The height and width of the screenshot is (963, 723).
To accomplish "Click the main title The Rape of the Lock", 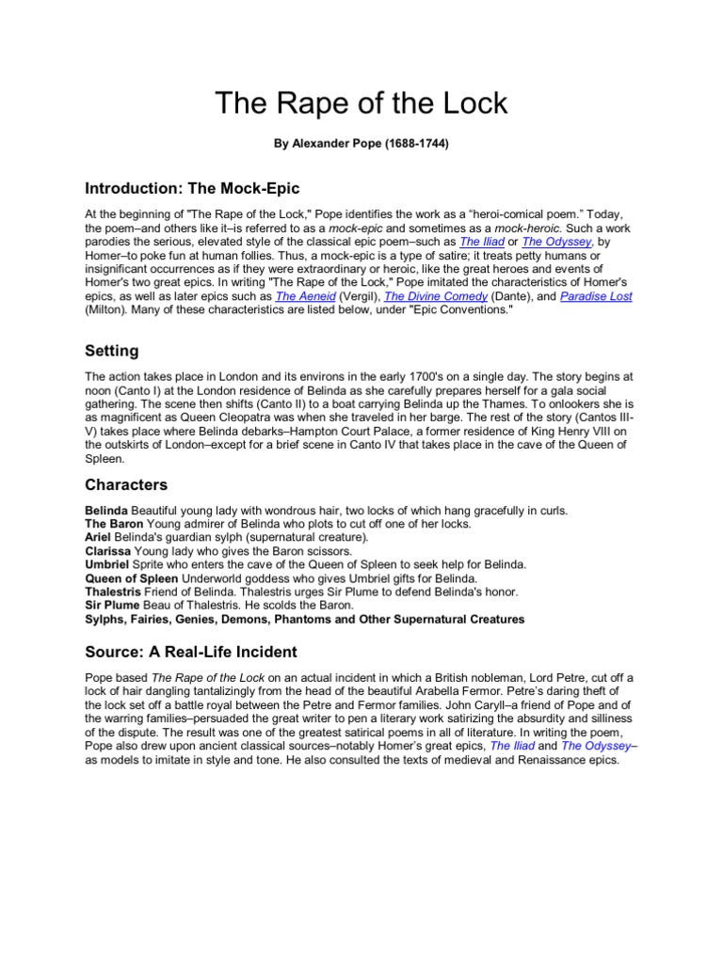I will [361, 103].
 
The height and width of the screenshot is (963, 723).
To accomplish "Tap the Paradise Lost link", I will [596, 296].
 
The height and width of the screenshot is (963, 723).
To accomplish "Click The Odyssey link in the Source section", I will [594, 746].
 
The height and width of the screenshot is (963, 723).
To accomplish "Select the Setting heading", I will [112, 351].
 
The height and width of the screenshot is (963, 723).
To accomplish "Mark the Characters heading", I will [126, 485].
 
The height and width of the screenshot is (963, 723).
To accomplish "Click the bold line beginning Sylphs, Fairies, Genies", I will [305, 620].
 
